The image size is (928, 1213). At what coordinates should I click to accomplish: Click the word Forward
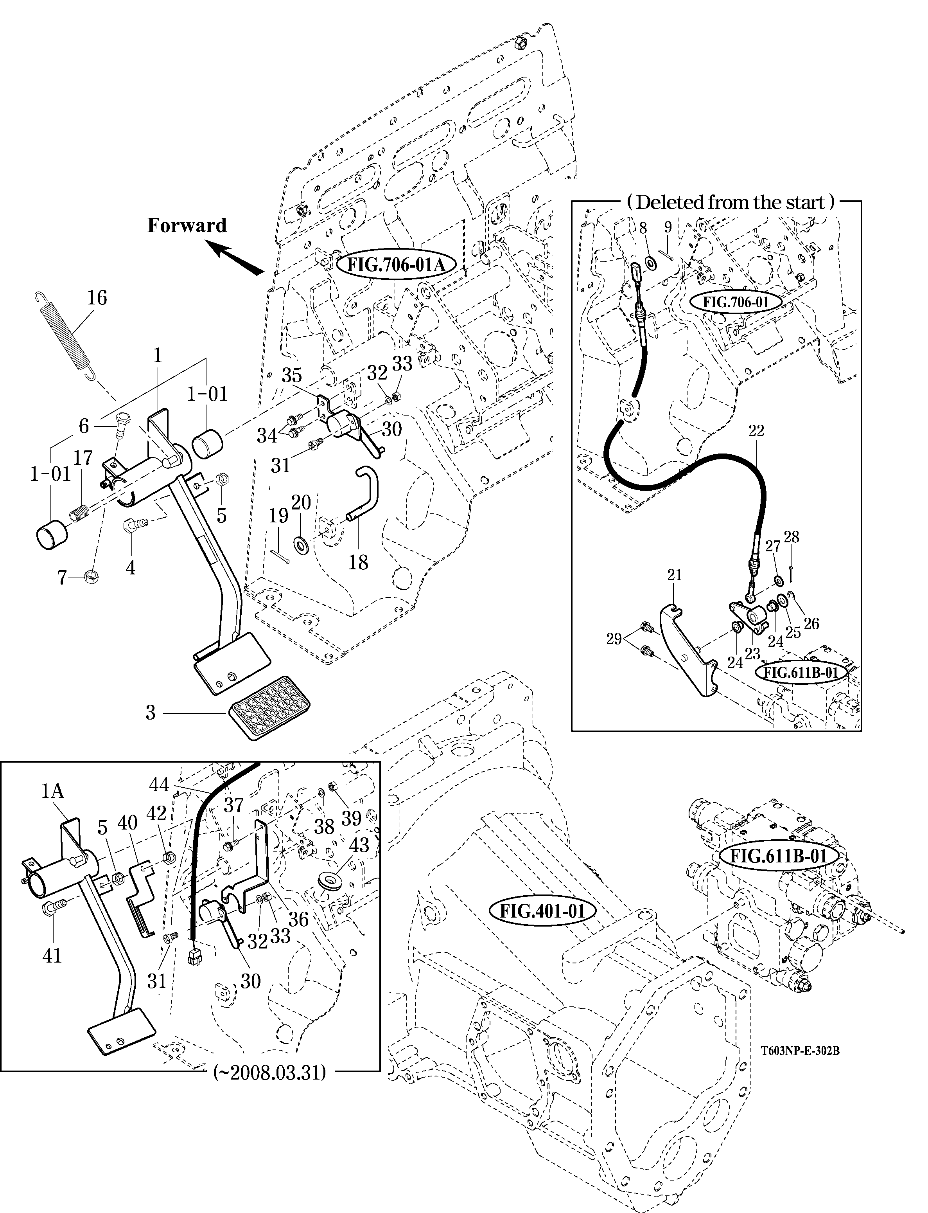click(x=187, y=225)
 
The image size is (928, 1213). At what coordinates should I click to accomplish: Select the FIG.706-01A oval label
click(x=395, y=265)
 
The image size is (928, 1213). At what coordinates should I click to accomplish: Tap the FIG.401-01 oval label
click(x=542, y=910)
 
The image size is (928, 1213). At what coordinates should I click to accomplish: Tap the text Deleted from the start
click(x=730, y=202)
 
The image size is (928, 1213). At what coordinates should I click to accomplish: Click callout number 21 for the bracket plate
click(x=675, y=575)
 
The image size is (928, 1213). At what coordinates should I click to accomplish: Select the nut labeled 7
click(x=90, y=577)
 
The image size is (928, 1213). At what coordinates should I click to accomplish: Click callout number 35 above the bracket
click(x=292, y=375)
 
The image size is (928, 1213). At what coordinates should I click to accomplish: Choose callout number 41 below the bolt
click(x=52, y=956)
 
